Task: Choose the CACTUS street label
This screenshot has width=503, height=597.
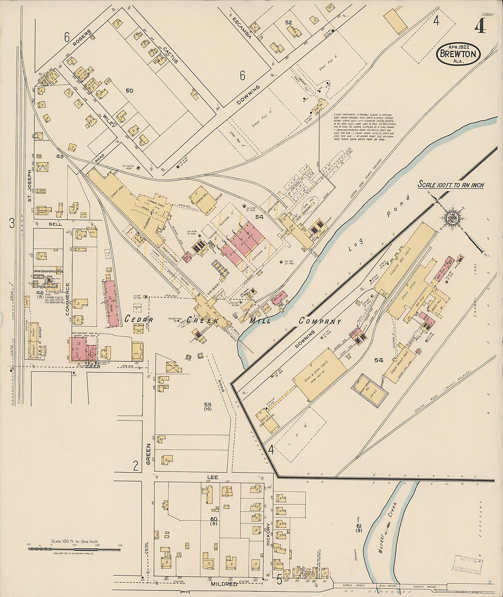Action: click(x=170, y=55)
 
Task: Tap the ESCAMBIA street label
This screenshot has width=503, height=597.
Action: click(x=241, y=29)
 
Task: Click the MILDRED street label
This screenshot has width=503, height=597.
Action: click(x=224, y=584)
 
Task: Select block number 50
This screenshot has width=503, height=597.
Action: click(x=129, y=91)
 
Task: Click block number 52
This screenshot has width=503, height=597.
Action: click(x=289, y=22)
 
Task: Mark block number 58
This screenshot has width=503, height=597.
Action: click(x=208, y=404)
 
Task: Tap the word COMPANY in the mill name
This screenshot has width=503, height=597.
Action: click(x=320, y=321)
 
